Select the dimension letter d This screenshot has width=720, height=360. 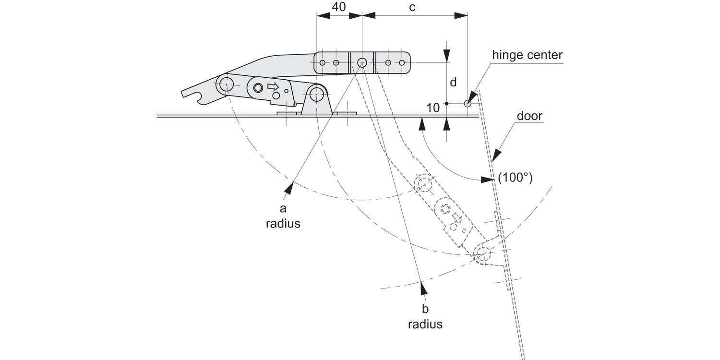click(x=453, y=82)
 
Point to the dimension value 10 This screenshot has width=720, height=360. click(x=433, y=108)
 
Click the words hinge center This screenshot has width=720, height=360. click(x=527, y=55)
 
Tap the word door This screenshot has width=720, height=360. click(x=529, y=116)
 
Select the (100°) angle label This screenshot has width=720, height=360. click(x=515, y=178)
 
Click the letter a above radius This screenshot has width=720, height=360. click(x=283, y=208)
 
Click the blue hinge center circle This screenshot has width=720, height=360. click(x=468, y=103)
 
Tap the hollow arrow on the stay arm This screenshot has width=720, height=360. click(x=273, y=86)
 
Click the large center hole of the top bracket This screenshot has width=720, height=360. click(x=362, y=62)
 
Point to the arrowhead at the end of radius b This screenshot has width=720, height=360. click(x=423, y=288)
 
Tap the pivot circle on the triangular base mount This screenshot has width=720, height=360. click(x=316, y=95)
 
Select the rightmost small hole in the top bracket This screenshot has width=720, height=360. click(x=402, y=63)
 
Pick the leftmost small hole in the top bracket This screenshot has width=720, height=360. click(x=323, y=63)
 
